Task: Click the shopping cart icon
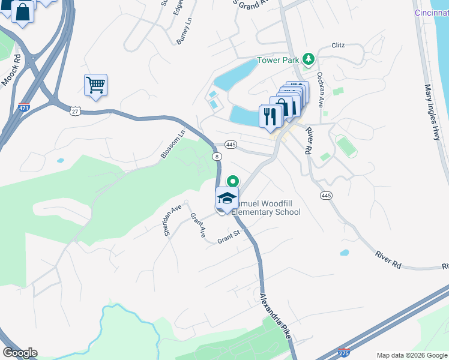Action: pos(95,85)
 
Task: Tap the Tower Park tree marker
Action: pos(309,59)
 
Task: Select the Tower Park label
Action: pos(279,60)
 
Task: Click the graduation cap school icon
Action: pos(227,198)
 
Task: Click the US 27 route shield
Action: pos(75,111)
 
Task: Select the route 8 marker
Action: pos(215,156)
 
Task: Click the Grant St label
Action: pos(229,239)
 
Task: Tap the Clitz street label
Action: pos(339,45)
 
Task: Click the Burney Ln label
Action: pos(182,29)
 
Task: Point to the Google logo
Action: pos(19,353)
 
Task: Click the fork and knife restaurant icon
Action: pos(269,115)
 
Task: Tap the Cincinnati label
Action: pos(431,13)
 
